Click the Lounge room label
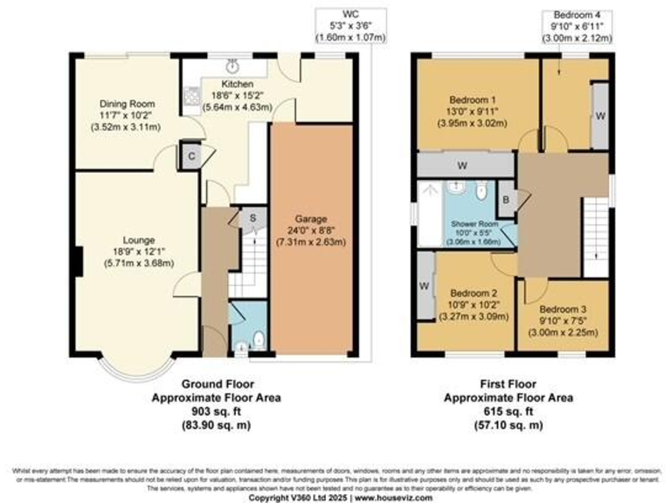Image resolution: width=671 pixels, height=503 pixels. [x=139, y=240]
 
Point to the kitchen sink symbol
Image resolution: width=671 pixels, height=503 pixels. [x=233, y=65]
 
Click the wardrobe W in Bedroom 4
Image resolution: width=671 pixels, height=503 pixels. [x=598, y=115]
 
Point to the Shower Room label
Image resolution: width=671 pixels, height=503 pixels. [x=474, y=224]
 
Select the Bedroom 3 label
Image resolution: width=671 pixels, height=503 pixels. [x=563, y=309]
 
